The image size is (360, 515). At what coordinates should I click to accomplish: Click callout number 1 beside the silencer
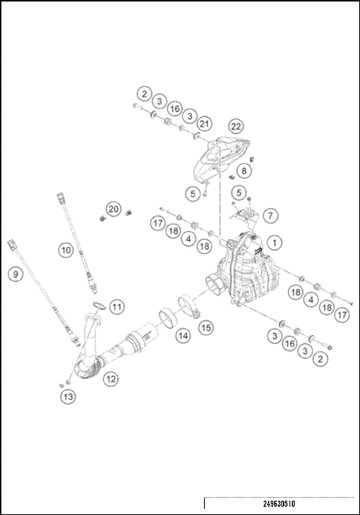pos(275,243)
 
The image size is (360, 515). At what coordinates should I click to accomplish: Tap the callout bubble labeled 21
pos(205,124)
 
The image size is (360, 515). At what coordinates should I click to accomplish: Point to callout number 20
pos(112,208)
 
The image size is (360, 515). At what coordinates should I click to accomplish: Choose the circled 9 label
pos(14,274)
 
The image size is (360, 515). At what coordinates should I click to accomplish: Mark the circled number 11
pos(116,306)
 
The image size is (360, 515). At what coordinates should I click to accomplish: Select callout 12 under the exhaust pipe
pos(110,379)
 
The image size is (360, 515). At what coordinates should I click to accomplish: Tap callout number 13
pos(68,396)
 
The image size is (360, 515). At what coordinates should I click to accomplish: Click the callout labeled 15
pos(205,327)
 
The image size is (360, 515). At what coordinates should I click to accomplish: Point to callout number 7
pos(271,215)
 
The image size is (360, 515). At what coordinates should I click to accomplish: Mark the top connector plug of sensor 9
pos(11,244)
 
